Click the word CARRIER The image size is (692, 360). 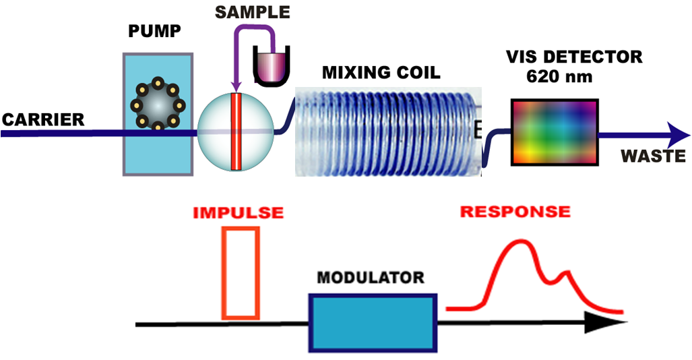[43, 120]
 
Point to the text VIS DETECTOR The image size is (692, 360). [573, 57]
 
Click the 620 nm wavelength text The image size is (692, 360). [559, 76]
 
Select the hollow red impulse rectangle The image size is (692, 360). [241, 272]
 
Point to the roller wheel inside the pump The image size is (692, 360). [158, 105]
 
